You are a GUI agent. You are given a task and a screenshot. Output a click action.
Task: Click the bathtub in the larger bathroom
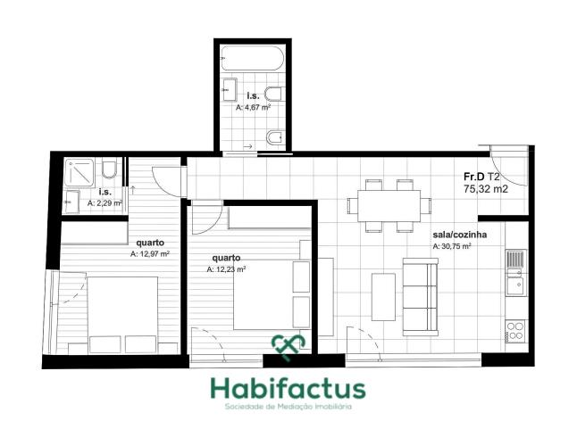[x=253, y=58]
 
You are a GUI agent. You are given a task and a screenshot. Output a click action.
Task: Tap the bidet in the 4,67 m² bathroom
[x=275, y=137]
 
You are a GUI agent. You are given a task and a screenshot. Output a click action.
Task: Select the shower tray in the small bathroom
[x=79, y=172]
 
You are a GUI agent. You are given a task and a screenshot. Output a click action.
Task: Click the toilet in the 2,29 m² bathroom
[x=109, y=169]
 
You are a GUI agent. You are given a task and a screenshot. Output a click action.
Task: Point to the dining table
[x=389, y=206]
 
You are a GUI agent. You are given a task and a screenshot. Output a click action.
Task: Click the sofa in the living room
[x=421, y=297]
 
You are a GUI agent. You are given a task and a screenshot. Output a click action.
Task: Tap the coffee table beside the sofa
[x=383, y=297]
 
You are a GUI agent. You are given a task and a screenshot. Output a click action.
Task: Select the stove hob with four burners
[x=515, y=331]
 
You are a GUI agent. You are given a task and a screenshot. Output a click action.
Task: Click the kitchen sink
[x=515, y=273]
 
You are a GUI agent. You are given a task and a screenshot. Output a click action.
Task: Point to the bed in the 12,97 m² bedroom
[x=122, y=315]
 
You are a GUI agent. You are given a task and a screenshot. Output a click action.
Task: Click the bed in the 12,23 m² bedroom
[x=272, y=294]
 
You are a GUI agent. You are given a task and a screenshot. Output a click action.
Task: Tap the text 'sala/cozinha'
[x=460, y=235]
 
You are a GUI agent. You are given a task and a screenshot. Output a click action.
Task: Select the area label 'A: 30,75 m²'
[x=452, y=246]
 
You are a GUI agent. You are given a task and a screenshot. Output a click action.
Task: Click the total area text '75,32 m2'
[x=486, y=189]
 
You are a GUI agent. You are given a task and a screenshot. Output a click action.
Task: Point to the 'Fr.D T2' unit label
[x=481, y=177]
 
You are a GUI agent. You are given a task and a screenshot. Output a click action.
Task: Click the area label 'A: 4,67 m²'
[x=254, y=108]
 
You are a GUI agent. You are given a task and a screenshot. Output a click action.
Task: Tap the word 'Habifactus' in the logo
[x=288, y=389]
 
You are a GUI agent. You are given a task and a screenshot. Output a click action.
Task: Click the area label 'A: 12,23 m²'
[x=226, y=269]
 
